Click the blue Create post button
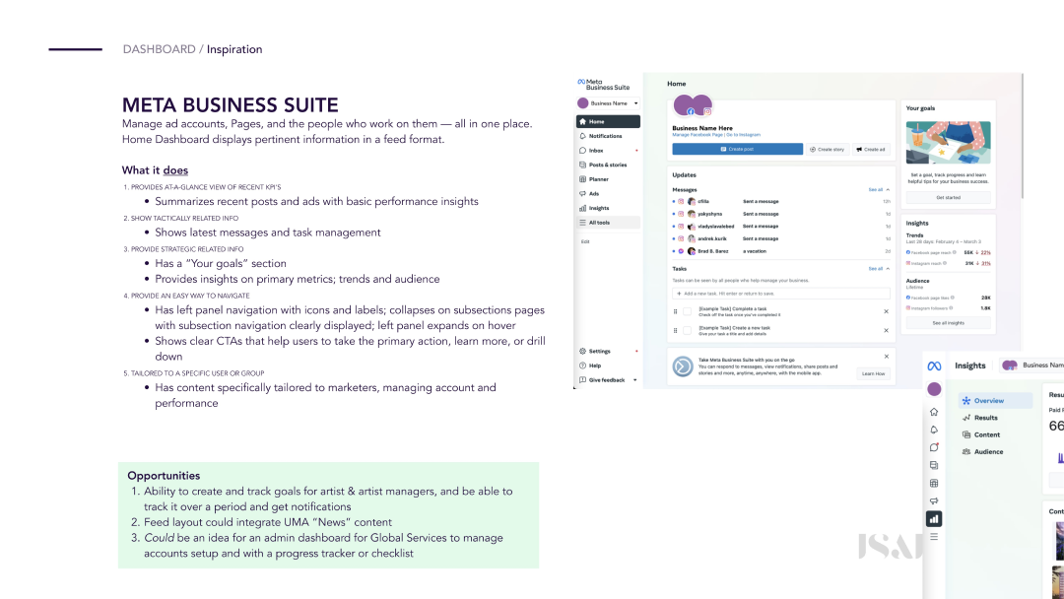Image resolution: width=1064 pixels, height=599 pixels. pyautogui.click(x=737, y=149)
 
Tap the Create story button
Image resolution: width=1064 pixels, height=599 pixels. pyautogui.click(x=828, y=149)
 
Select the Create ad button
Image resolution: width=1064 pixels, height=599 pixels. pyautogui.click(x=871, y=149)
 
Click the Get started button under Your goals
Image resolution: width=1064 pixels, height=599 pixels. pyautogui.click(x=948, y=197)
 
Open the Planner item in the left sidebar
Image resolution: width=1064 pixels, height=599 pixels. pyautogui.click(x=599, y=179)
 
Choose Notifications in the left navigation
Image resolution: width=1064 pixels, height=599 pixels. pyautogui.click(x=605, y=136)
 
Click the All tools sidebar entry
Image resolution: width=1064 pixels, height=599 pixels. pyautogui.click(x=599, y=223)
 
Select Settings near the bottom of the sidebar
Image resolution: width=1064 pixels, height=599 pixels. pyautogui.click(x=599, y=351)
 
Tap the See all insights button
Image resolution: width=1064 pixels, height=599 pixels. pyautogui.click(x=948, y=323)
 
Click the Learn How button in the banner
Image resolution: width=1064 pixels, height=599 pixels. pyautogui.click(x=873, y=373)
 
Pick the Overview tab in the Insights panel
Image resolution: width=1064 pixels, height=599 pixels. pyautogui.click(x=988, y=401)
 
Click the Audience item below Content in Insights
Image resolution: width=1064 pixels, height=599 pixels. pyautogui.click(x=988, y=451)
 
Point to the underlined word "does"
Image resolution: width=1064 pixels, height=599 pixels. pyautogui.click(x=175, y=170)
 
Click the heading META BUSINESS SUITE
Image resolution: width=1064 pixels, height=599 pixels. pyautogui.click(x=230, y=105)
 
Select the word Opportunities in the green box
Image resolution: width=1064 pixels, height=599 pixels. pyautogui.click(x=164, y=476)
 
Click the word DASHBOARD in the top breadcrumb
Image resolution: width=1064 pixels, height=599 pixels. pyautogui.click(x=159, y=49)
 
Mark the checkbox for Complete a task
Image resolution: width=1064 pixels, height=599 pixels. pyautogui.click(x=687, y=311)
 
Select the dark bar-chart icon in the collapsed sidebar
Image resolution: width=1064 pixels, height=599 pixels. pyautogui.click(x=934, y=518)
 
